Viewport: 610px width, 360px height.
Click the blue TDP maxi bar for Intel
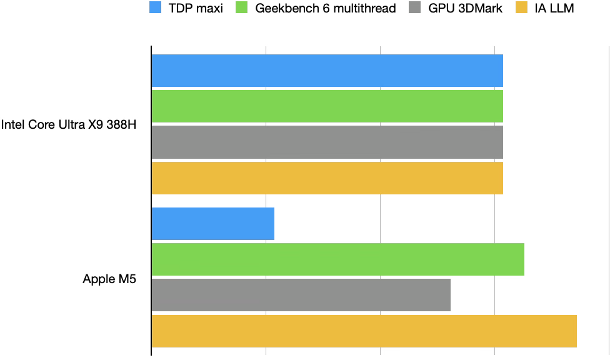click(x=327, y=71)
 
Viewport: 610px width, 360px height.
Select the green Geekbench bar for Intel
click(x=327, y=106)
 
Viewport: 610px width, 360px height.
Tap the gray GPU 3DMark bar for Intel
click(x=327, y=142)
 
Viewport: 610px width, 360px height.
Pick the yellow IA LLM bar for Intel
click(x=327, y=178)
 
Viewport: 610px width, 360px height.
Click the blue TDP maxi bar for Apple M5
click(x=213, y=224)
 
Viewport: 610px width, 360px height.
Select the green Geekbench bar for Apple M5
click(x=337, y=259)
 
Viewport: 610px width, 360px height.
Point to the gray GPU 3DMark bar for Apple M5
click(x=301, y=295)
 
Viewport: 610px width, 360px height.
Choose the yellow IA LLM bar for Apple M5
click(x=364, y=331)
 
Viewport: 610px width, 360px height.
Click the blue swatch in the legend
click(x=156, y=8)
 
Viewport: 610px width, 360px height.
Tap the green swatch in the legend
click(x=242, y=8)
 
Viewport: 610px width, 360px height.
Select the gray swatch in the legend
click(x=413, y=8)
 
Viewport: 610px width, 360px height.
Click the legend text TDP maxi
click(x=196, y=9)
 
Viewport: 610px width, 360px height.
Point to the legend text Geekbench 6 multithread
click(x=326, y=9)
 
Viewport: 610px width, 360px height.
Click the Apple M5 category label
click(x=109, y=279)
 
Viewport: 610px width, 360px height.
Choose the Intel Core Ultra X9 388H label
click(x=69, y=124)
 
